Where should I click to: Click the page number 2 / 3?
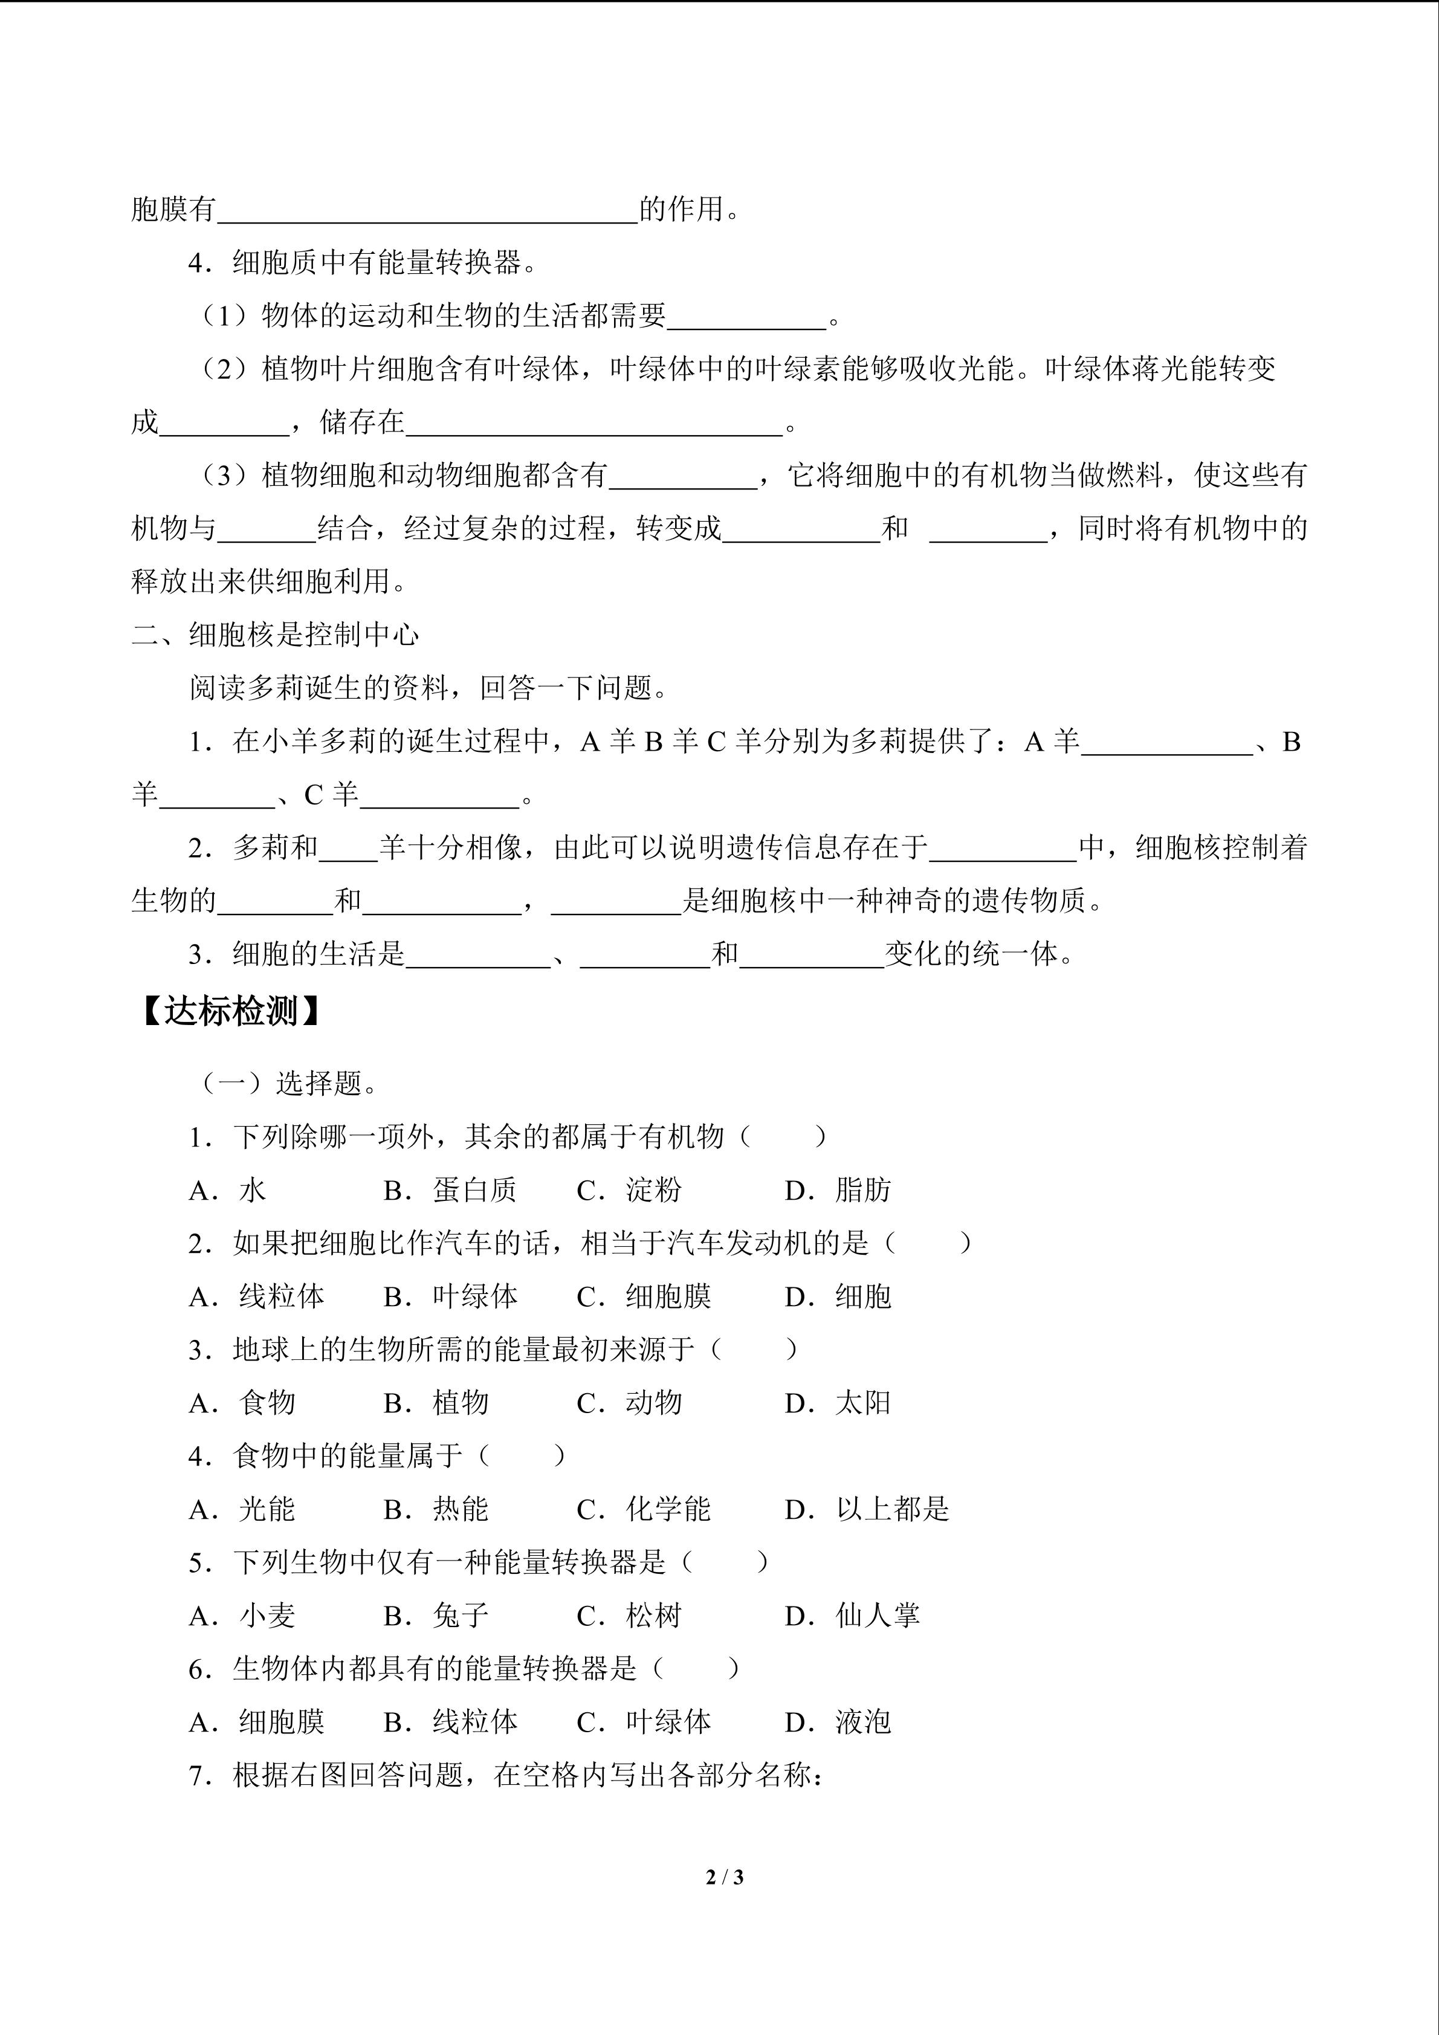tap(724, 1877)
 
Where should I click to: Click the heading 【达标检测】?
tap(230, 1011)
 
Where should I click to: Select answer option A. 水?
tap(228, 1190)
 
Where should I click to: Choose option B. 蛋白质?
tap(450, 1190)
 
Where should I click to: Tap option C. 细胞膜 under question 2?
tap(644, 1296)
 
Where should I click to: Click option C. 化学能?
tap(644, 1509)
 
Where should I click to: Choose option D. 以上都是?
tap(867, 1509)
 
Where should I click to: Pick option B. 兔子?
tap(436, 1616)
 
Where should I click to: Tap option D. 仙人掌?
tap(852, 1616)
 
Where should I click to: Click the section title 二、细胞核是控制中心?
tap(275, 635)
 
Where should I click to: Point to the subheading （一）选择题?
tap(291, 1083)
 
